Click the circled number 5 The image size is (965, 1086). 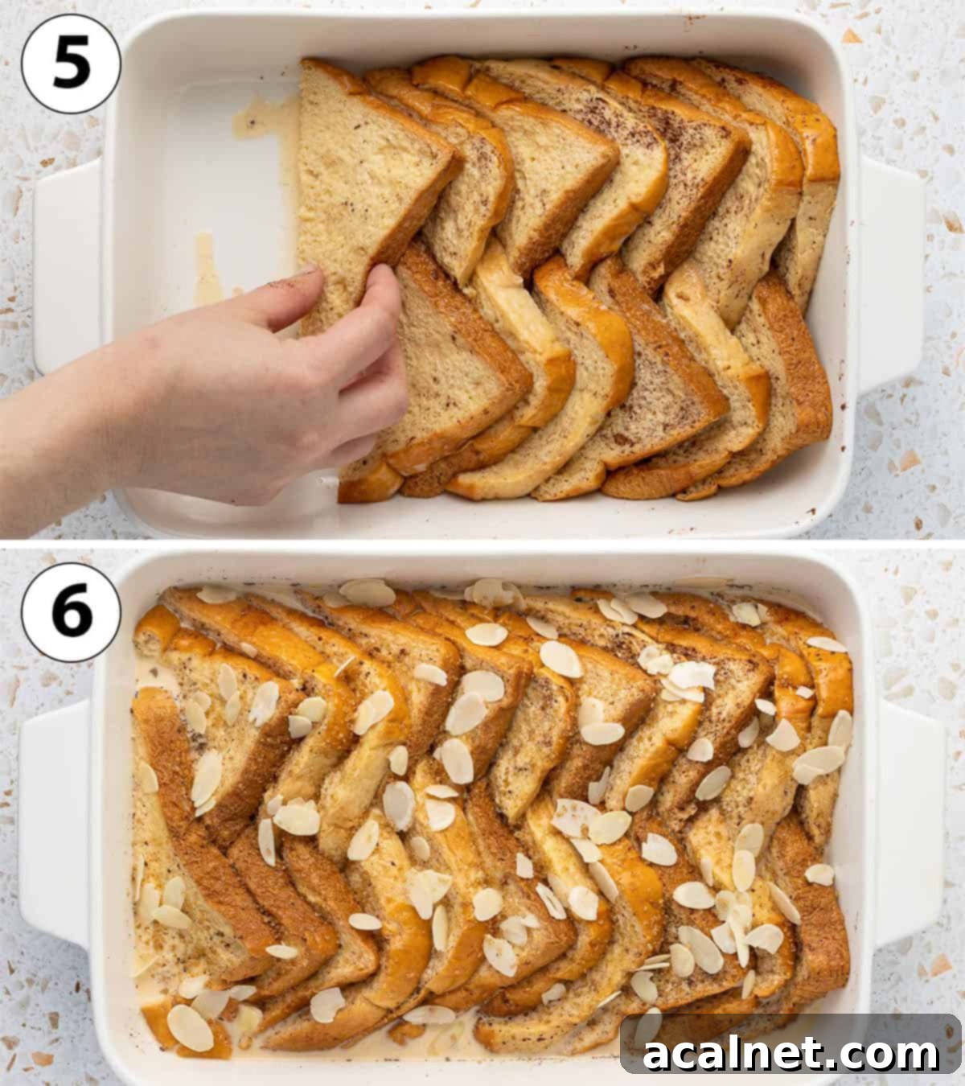click(71, 63)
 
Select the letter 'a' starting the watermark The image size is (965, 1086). click(659, 1054)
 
